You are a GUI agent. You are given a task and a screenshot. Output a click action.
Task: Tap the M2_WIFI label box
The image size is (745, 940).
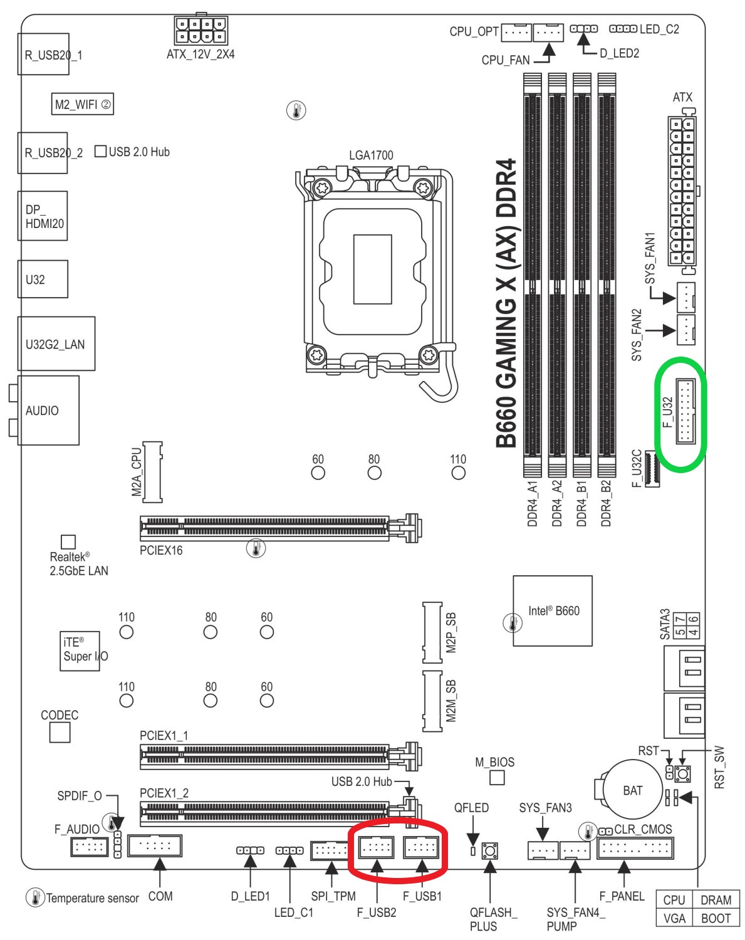coord(83,104)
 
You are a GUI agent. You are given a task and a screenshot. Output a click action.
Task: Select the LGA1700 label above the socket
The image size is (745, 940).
coord(371,155)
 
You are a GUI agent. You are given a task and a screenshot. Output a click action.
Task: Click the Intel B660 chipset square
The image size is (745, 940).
coord(553,610)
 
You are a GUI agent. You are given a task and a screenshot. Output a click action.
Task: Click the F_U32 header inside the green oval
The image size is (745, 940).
coord(685,412)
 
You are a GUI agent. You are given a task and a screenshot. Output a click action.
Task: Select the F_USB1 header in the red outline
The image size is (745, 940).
coord(420,848)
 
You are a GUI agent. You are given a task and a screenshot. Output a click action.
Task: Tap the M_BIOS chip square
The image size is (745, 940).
coord(497,778)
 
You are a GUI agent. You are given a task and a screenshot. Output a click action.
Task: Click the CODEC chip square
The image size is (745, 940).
coord(60,733)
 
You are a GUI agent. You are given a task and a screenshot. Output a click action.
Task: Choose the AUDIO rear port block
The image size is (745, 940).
coord(48,410)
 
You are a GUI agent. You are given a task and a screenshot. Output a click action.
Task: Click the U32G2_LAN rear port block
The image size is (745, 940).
coord(56,344)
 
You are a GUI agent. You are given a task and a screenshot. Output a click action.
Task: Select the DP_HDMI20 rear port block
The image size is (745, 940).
coord(43,216)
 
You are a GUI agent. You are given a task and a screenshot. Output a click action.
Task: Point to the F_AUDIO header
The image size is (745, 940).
coord(89,847)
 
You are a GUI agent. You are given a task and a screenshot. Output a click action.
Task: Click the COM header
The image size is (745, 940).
coord(155,846)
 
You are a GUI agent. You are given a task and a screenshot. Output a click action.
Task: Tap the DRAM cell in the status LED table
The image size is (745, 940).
coord(716,901)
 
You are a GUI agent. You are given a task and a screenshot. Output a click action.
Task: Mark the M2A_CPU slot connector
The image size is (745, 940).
coord(152,472)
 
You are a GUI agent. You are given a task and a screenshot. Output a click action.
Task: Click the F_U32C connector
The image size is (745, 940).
coord(652,468)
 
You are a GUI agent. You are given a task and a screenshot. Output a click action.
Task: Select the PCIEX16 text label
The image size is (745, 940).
coord(161,550)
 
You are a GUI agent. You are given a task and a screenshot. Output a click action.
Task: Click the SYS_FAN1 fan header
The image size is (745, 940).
coord(685,296)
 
